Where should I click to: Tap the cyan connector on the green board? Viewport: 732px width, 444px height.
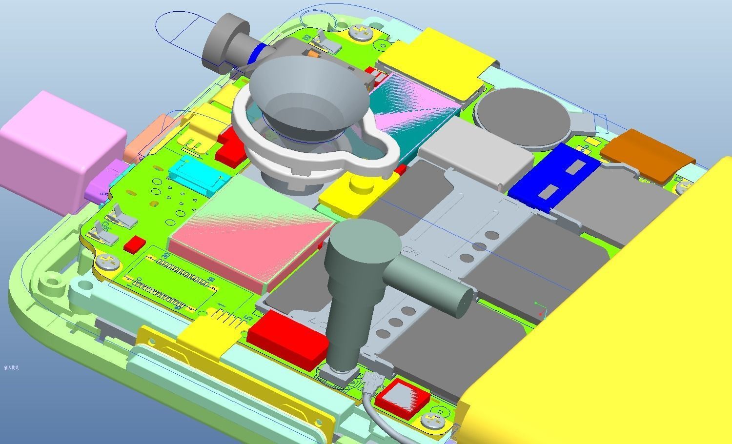(x=195, y=173)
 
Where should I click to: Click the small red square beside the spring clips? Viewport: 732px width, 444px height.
(x=134, y=244)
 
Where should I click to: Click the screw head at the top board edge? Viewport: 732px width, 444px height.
(x=360, y=33)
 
